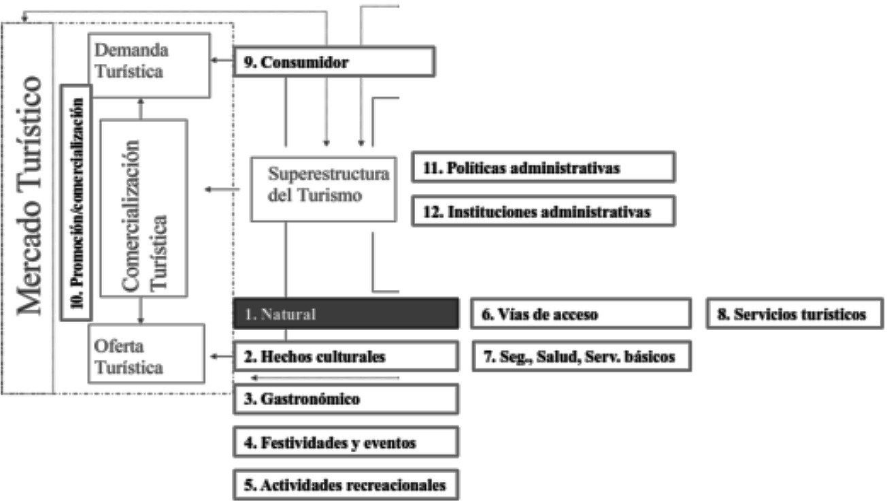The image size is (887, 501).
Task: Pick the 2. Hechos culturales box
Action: pos(346,356)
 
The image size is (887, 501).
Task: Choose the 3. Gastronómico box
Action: pos(346,399)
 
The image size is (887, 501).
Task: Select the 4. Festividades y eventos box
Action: pos(346,442)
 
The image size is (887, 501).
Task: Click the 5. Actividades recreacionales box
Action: pos(346,485)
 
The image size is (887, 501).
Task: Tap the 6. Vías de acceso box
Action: pos(581,314)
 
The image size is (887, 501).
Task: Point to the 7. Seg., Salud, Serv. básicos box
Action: pos(581,356)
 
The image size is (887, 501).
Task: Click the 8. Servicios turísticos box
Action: pos(795,314)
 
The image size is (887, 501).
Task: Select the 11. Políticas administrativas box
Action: pos(543,168)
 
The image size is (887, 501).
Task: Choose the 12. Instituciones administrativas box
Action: pos(543,211)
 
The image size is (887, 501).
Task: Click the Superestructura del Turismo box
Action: pos(323,189)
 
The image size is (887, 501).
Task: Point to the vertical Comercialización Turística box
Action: pos(144,207)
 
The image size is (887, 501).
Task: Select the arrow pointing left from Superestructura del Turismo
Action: pos(221,189)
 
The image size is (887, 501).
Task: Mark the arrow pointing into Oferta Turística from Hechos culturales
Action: pos(222,356)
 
